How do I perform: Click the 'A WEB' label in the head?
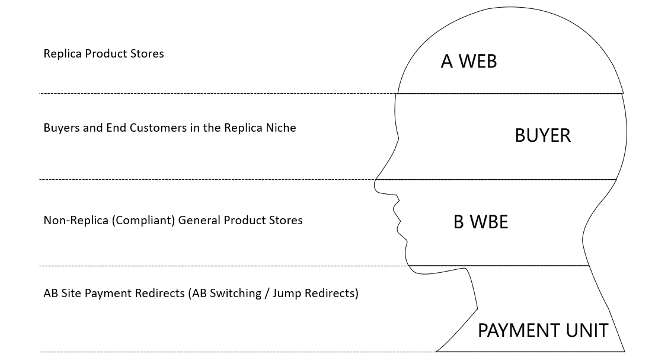pos(468,61)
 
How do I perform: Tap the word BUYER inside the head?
pos(542,135)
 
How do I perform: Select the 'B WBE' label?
pos(481,222)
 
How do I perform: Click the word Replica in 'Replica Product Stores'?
pos(63,53)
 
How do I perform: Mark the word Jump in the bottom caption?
pos(285,293)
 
